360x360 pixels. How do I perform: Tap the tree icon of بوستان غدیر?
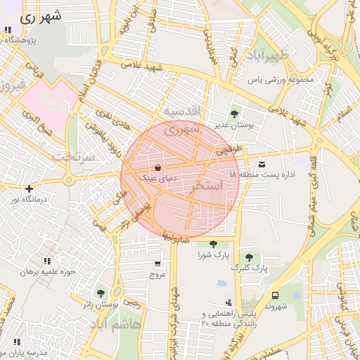[x=234, y=112]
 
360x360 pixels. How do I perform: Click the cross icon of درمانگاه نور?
[x=28, y=188]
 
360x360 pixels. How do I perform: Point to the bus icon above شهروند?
[x=275, y=295]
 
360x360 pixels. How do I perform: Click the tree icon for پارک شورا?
[x=213, y=244]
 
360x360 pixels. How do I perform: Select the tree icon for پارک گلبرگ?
[x=247, y=257]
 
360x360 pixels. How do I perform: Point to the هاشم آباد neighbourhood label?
[x=119, y=326]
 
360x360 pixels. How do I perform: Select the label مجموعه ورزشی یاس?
[x=288, y=80]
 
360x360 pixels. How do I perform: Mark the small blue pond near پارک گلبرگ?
[x=222, y=283]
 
